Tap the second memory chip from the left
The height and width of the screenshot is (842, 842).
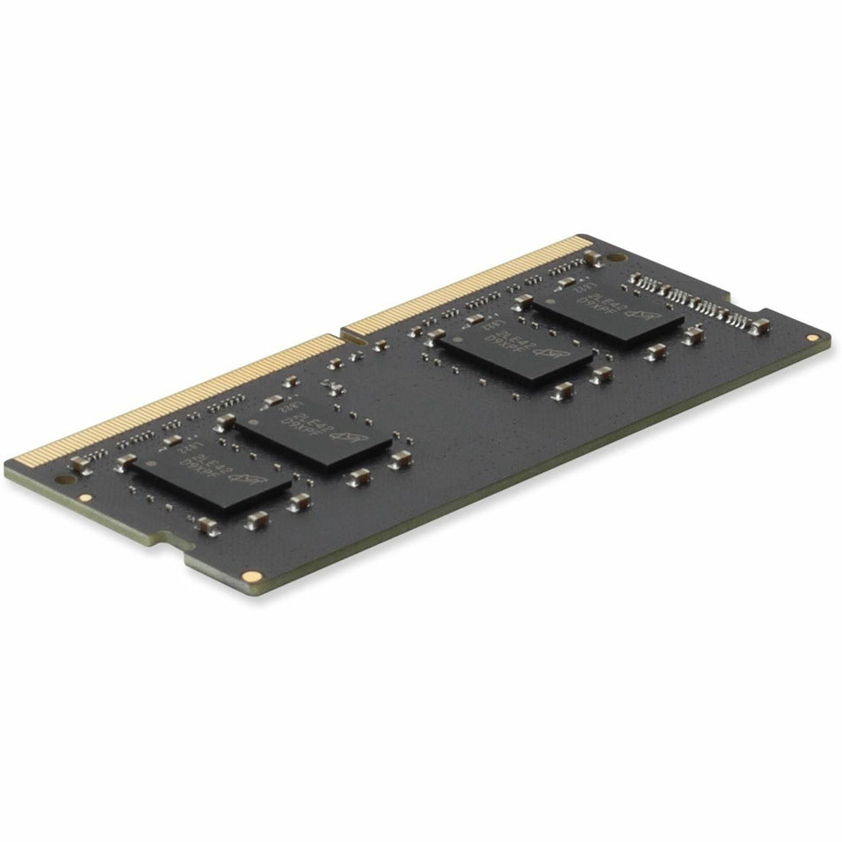coord(312,431)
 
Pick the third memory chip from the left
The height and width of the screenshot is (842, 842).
coord(515,353)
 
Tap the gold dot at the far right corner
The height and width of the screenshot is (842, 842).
coord(812,338)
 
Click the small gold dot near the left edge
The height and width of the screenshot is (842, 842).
coord(85,498)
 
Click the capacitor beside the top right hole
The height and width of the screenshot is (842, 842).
coord(592,259)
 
